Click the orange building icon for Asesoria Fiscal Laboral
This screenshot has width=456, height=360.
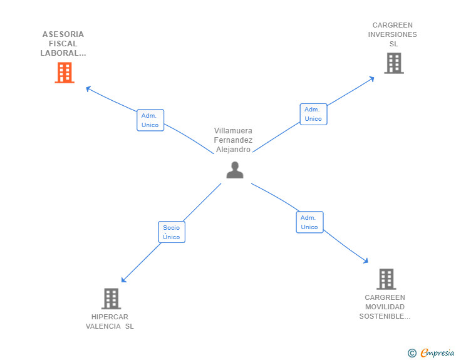pyautogui.click(x=65, y=73)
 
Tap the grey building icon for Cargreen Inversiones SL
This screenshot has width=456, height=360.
pyautogui.click(x=393, y=63)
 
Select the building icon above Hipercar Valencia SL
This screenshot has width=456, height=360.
pyautogui.click(x=111, y=299)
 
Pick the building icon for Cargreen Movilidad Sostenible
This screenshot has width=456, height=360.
pyautogui.click(x=386, y=279)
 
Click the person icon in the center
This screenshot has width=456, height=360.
pyautogui.click(x=235, y=170)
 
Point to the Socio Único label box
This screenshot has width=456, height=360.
pyautogui.click(x=171, y=232)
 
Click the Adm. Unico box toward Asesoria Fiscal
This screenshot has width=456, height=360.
pyautogui.click(x=150, y=120)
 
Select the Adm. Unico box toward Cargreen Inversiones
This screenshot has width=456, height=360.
pyautogui.click(x=313, y=114)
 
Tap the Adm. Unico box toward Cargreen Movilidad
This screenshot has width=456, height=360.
pyautogui.click(x=309, y=222)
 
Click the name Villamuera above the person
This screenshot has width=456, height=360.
pyautogui.click(x=233, y=131)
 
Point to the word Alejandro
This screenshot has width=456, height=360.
pyautogui.click(x=233, y=150)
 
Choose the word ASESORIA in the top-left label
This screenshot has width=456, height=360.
pyautogui.click(x=63, y=34)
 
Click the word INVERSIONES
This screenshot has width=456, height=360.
pyautogui.click(x=392, y=35)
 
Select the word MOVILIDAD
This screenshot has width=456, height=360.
pyautogui.click(x=385, y=307)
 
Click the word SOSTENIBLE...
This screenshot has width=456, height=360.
pyautogui.click(x=384, y=316)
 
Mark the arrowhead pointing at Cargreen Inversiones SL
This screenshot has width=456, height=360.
pyautogui.click(x=371, y=78)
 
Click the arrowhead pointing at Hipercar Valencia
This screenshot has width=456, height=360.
pyautogui.click(x=123, y=280)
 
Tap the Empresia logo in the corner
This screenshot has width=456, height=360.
pyautogui.click(x=437, y=353)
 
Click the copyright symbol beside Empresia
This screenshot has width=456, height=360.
pyautogui.click(x=412, y=353)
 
